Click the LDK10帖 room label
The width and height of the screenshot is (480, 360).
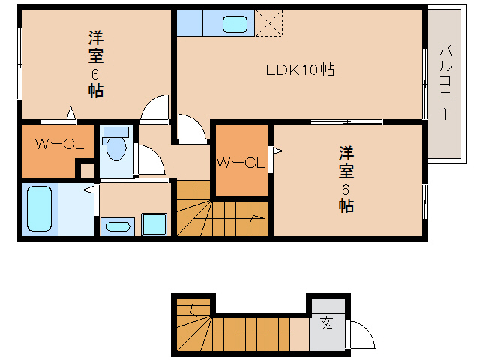point(300,70)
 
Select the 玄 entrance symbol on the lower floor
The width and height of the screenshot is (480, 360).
point(327,324)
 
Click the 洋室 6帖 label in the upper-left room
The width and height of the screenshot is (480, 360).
point(95,64)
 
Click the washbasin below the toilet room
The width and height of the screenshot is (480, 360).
point(115,226)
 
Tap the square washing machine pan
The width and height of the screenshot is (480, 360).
point(154,224)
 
